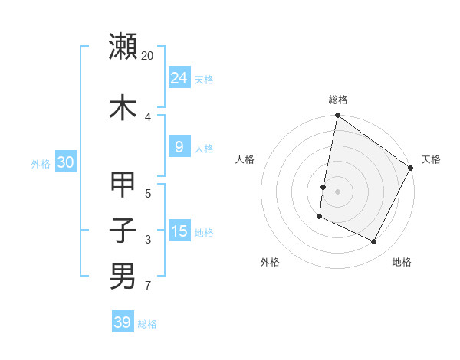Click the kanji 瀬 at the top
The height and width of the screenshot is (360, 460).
click(123, 47)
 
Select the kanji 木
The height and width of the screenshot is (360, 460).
click(123, 107)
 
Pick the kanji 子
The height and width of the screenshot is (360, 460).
click(123, 230)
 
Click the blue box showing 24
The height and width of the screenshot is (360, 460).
click(179, 77)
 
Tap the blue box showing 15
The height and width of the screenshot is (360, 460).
click(179, 231)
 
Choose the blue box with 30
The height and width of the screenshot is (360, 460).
click(65, 162)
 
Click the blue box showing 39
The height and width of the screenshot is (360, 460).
click(122, 322)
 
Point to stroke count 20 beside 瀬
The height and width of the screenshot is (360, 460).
click(148, 56)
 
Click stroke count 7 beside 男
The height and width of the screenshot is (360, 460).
click(147, 286)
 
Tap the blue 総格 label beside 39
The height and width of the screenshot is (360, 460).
click(147, 324)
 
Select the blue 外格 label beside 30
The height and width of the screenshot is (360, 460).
click(41, 163)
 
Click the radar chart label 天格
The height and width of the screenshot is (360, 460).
click(431, 159)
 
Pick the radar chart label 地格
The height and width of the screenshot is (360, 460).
click(402, 262)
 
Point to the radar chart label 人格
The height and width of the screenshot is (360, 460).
click(245, 159)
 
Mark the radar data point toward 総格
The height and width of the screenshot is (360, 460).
click(337, 116)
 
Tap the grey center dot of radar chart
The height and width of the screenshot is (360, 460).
click(337, 191)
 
